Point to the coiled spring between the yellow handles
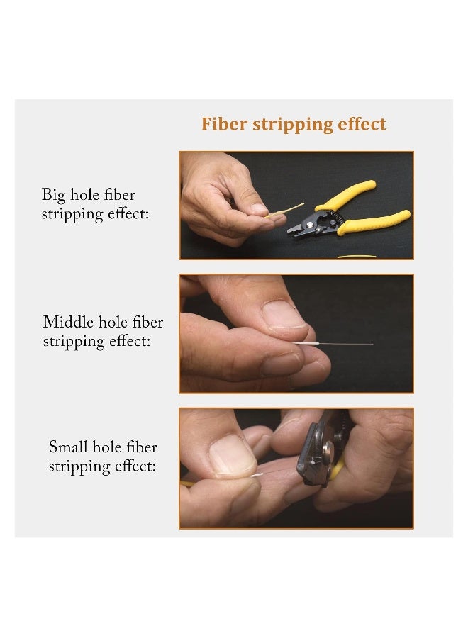(x=340, y=211)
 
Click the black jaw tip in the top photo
(x=294, y=229)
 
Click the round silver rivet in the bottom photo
(x=328, y=448)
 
